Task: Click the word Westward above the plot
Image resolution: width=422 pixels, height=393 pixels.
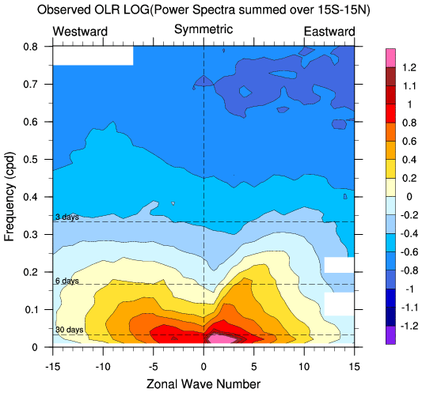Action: tap(80, 32)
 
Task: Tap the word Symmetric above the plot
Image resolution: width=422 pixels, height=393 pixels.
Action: tap(203, 29)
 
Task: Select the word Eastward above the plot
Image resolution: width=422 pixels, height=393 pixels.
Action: tap(329, 32)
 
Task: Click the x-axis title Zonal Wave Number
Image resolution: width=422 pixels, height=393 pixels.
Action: tap(203, 384)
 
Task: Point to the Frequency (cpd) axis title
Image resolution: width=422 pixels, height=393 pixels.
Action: tap(9, 197)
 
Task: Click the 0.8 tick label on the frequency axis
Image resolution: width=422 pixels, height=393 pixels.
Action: tap(30, 47)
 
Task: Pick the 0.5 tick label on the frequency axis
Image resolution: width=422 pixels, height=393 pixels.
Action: tap(30, 160)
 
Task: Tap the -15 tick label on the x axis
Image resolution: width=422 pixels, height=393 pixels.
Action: tap(53, 366)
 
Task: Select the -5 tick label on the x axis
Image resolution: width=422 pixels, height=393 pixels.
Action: tap(154, 366)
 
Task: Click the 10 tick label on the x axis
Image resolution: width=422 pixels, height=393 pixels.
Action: tap(304, 366)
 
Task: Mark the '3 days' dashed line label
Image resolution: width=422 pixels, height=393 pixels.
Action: tap(67, 217)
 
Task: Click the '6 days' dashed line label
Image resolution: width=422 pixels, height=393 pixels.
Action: tap(67, 281)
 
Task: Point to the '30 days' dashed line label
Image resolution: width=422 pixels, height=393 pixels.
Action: tap(69, 330)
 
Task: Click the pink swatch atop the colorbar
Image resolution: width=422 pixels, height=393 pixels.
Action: tap(390, 58)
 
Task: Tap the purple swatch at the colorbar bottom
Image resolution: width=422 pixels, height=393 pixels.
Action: tap(390, 335)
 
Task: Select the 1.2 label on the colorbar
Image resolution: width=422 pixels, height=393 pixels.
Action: tap(409, 67)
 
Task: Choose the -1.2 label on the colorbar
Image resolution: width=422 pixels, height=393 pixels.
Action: tap(409, 327)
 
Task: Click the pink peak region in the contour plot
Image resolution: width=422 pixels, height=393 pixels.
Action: tap(222, 338)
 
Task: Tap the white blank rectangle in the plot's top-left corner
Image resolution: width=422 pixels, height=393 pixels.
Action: tap(93, 56)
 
